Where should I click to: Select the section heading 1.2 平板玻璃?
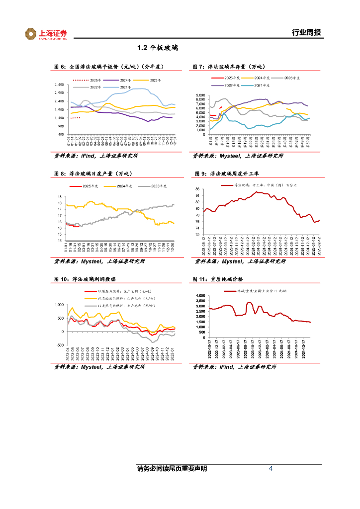tap(158, 49)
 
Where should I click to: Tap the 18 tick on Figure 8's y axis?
tap(60, 197)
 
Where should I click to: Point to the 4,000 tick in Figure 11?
tap(199, 296)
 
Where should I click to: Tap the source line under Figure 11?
tap(239, 367)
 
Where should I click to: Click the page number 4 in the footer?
tap(270, 469)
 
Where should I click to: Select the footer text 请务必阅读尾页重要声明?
tap(172, 469)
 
